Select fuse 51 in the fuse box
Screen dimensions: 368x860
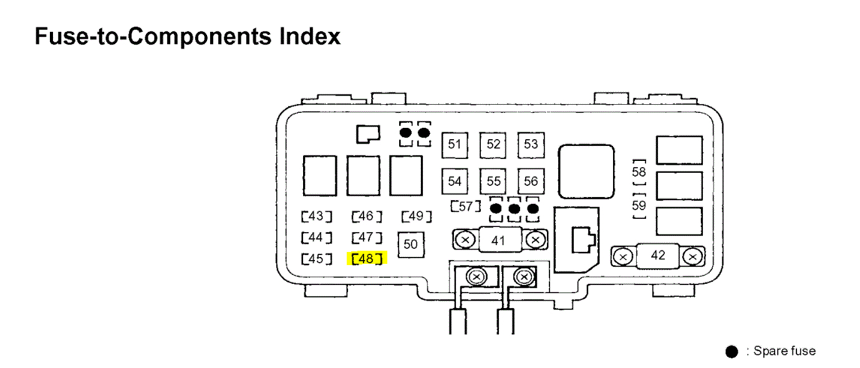click(x=455, y=145)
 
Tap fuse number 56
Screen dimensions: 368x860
click(x=531, y=181)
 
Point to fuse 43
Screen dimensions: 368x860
click(x=316, y=216)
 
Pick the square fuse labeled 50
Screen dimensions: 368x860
click(x=410, y=245)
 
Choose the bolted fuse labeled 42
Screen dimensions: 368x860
click(x=657, y=256)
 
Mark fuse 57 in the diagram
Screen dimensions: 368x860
click(x=465, y=206)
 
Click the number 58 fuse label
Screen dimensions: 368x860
click(x=639, y=172)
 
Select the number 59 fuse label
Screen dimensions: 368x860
click(x=639, y=205)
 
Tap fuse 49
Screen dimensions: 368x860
click(x=417, y=216)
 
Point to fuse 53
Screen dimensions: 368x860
click(x=531, y=145)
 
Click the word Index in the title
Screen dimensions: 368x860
click(x=309, y=36)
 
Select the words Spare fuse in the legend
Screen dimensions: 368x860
click(x=784, y=351)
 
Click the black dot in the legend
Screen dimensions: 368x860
click(x=732, y=352)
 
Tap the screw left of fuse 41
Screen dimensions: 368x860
click(x=464, y=239)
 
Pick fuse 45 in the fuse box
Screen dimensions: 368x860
click(x=316, y=258)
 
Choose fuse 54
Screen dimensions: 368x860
click(x=455, y=181)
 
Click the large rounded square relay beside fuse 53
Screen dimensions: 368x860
click(x=586, y=172)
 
